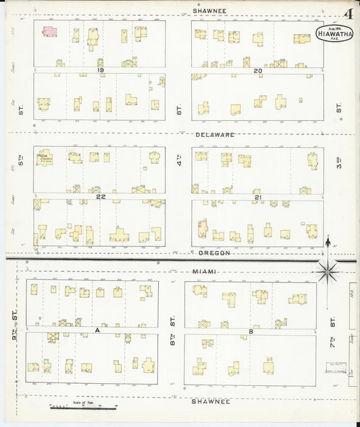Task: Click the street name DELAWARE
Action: pyautogui.click(x=215, y=134)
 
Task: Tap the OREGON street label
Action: pyautogui.click(x=215, y=253)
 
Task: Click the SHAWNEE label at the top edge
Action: pyautogui.click(x=209, y=11)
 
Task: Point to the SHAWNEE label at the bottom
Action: pyautogui.click(x=210, y=401)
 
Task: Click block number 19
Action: pyautogui.click(x=99, y=70)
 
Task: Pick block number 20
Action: pyautogui.click(x=257, y=70)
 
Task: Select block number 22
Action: pyautogui.click(x=100, y=197)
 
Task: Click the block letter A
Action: pyautogui.click(x=97, y=330)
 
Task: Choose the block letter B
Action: pyautogui.click(x=251, y=331)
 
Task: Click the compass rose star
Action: pyautogui.click(x=328, y=272)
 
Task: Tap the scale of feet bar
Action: pyautogui.click(x=83, y=407)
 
